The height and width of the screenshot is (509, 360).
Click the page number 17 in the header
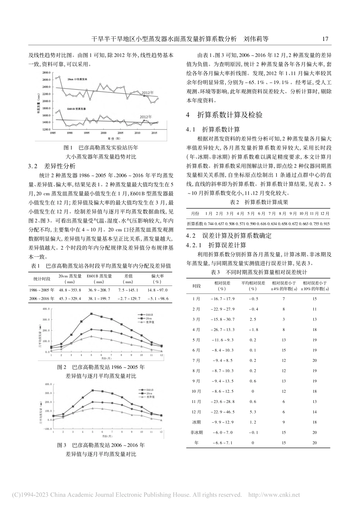click(x=325, y=39)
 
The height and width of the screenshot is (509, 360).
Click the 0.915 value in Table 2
click(x=325, y=224)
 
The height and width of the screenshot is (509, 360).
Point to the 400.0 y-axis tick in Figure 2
click(x=46, y=309)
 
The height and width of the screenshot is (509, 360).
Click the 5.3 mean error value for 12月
click(x=253, y=412)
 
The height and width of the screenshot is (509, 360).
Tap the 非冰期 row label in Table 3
click(x=197, y=432)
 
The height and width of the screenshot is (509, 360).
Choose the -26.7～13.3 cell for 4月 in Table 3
click(x=223, y=329)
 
